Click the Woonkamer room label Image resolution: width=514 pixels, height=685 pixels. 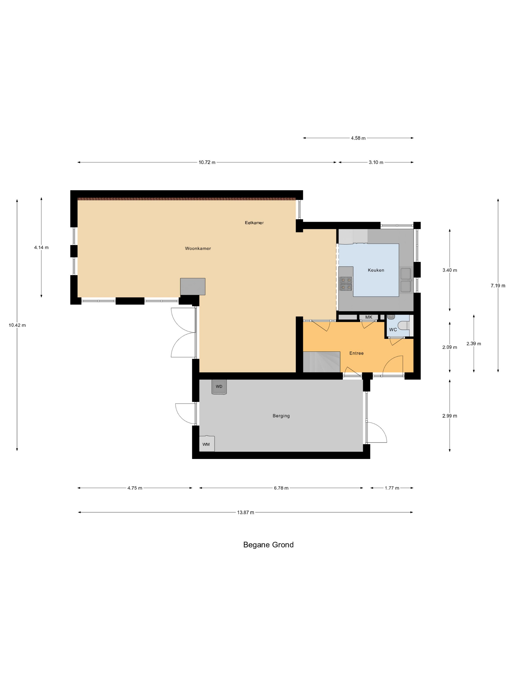[x=198, y=248]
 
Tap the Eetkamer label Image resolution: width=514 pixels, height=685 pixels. [x=254, y=223]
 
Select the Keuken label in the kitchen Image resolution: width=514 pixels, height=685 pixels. [x=376, y=270]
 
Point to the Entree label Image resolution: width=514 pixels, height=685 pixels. [x=356, y=353]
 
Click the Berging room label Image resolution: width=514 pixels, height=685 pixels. [x=281, y=416]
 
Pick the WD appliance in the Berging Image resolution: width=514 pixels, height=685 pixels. [x=219, y=387]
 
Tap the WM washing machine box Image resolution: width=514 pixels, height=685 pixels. [x=207, y=444]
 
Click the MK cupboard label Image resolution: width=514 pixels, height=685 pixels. [x=369, y=317]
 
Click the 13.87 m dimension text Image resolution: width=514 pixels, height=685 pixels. [x=245, y=513]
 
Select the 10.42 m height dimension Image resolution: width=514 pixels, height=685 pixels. [x=17, y=325]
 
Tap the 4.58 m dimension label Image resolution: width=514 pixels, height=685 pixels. [x=358, y=138]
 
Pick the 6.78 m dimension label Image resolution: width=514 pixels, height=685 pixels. [x=281, y=488]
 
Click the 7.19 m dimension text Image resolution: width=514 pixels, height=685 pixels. [x=498, y=286]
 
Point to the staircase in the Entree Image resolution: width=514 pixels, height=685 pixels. [x=322, y=362]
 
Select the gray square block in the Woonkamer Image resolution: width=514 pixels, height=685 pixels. [x=193, y=286]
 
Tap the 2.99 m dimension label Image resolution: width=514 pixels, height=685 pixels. [x=450, y=416]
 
